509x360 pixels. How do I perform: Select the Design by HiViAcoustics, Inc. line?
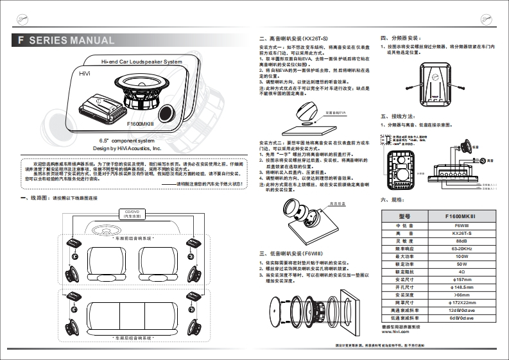(127, 148)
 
